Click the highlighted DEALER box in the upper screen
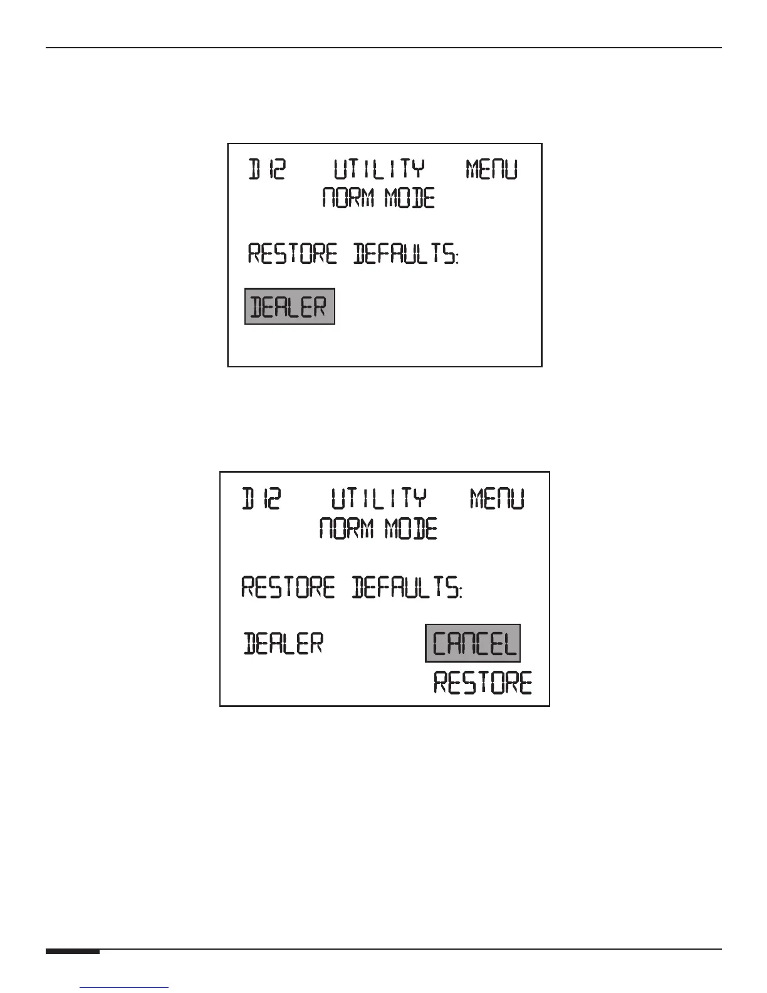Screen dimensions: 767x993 (x=290, y=307)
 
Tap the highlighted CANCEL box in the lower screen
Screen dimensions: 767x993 (x=473, y=643)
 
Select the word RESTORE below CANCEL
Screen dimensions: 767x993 (x=483, y=683)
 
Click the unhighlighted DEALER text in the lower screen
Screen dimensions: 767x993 (x=283, y=644)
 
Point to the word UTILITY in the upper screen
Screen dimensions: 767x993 (x=378, y=169)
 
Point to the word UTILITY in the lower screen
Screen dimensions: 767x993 (x=378, y=500)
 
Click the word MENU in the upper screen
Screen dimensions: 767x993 (x=492, y=169)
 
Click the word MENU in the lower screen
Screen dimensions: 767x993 (x=497, y=500)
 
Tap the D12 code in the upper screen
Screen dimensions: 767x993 (x=268, y=169)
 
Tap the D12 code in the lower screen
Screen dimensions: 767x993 (x=262, y=500)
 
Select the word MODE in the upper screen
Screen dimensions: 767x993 (x=410, y=199)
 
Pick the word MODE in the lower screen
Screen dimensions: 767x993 (x=411, y=529)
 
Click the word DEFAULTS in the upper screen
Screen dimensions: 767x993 (x=405, y=255)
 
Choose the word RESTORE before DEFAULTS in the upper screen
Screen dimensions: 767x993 (x=293, y=255)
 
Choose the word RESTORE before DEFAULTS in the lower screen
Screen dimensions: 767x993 (x=288, y=588)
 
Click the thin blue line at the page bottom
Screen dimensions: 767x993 (x=125, y=987)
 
